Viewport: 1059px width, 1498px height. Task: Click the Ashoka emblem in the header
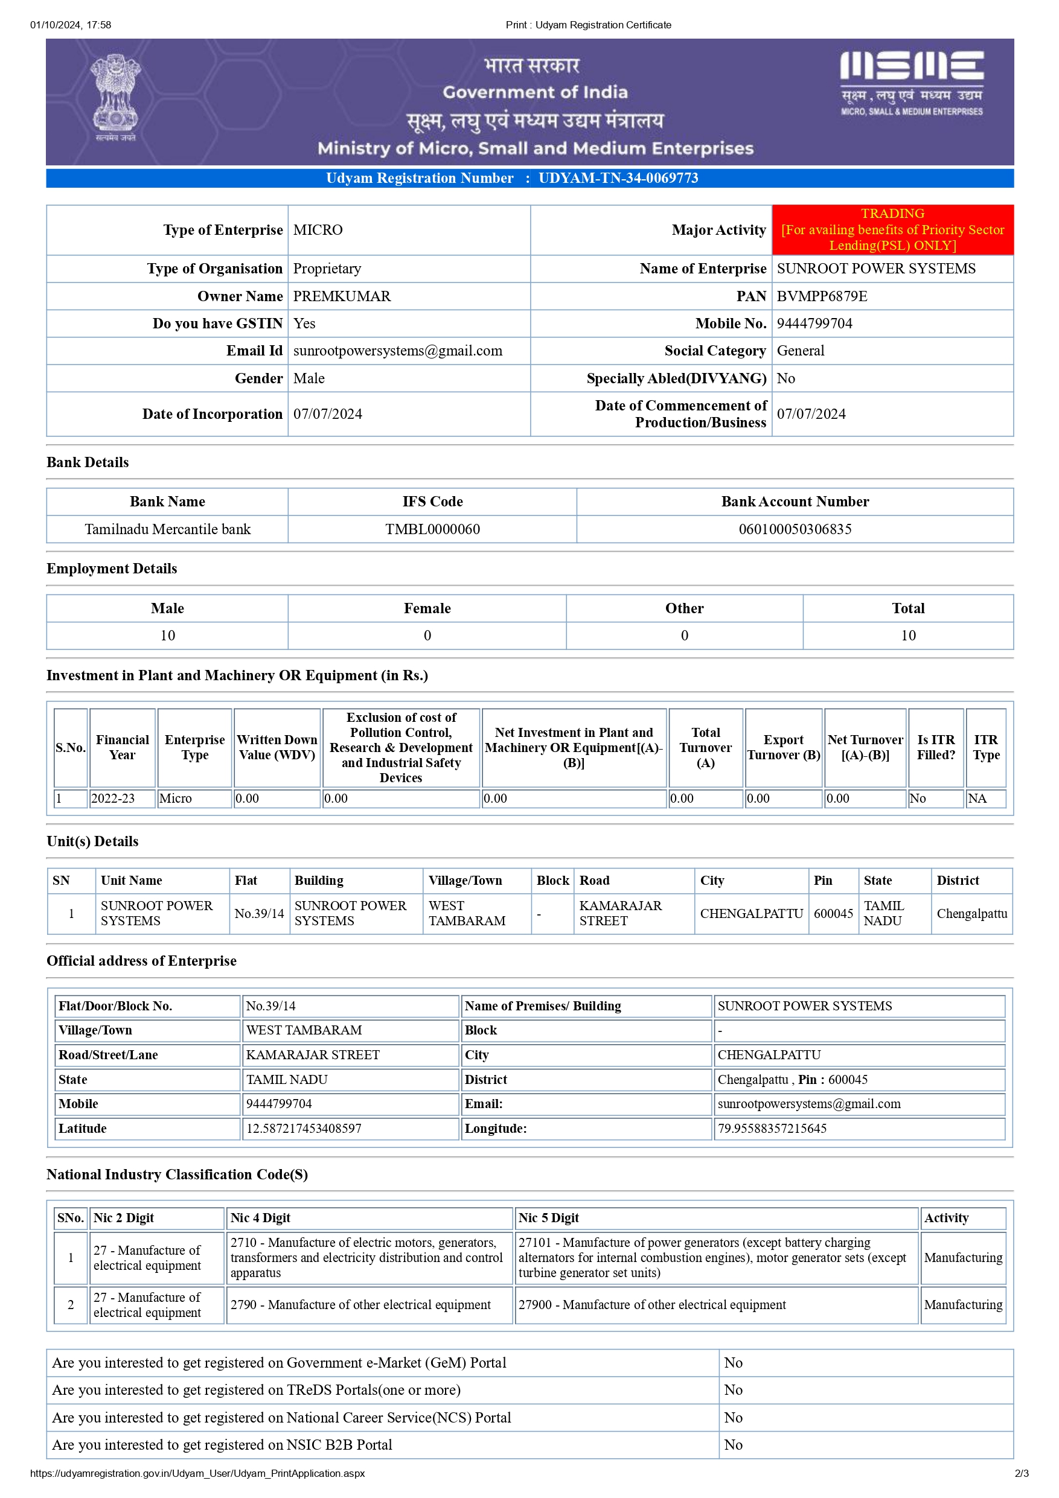tap(115, 98)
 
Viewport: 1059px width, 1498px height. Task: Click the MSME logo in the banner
tap(911, 83)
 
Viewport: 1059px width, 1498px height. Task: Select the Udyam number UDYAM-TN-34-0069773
tap(618, 178)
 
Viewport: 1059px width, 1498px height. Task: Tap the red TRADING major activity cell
tap(892, 230)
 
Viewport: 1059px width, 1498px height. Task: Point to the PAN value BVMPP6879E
tap(822, 296)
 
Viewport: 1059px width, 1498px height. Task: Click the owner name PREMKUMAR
tap(342, 296)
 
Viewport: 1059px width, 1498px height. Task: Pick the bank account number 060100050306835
tap(795, 529)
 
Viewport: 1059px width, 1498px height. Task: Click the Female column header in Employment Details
tap(427, 608)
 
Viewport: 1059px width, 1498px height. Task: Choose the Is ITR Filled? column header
tap(936, 748)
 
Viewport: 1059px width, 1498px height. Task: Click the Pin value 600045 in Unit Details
tap(833, 913)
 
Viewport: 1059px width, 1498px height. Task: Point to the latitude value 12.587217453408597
tap(304, 1129)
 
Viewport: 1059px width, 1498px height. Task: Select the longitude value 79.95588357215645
tap(772, 1129)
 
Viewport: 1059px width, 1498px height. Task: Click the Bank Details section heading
tap(88, 462)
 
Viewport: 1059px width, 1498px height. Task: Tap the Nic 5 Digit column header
tap(549, 1218)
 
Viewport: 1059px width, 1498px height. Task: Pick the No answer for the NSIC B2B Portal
tap(734, 1445)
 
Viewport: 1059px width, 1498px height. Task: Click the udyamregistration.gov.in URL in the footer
tap(197, 1474)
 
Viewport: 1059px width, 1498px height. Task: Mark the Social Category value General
tap(800, 351)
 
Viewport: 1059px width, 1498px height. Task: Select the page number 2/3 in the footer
tap(1021, 1474)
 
